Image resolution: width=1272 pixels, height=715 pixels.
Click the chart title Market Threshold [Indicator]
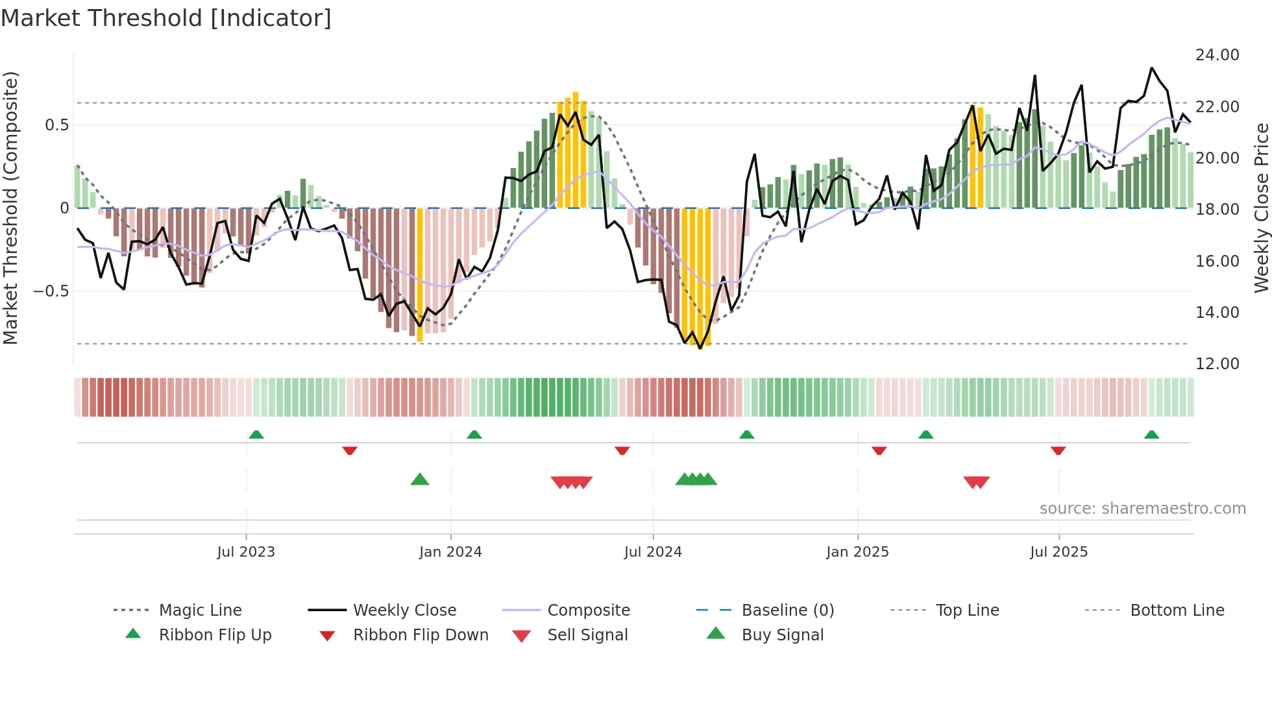point(166,18)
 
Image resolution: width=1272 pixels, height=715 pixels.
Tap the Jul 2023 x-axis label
point(246,552)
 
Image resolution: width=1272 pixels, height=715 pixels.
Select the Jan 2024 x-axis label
point(450,552)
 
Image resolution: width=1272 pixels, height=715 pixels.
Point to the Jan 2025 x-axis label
point(857,552)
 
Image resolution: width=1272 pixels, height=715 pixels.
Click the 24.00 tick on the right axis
point(1217,55)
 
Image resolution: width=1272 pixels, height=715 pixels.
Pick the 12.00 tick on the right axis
point(1217,364)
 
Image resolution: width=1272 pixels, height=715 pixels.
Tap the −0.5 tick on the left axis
point(51,291)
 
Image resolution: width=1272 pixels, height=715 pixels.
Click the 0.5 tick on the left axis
point(56,125)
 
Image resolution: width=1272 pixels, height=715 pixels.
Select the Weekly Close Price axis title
point(1261,208)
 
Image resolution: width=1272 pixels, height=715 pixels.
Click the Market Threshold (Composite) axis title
point(10,208)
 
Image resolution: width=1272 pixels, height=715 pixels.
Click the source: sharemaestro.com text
point(1142,509)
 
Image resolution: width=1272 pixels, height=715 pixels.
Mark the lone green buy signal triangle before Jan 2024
point(420,480)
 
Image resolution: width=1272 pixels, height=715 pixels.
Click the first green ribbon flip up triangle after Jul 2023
point(256,435)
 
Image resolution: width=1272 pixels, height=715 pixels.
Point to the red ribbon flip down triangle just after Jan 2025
point(879,450)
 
